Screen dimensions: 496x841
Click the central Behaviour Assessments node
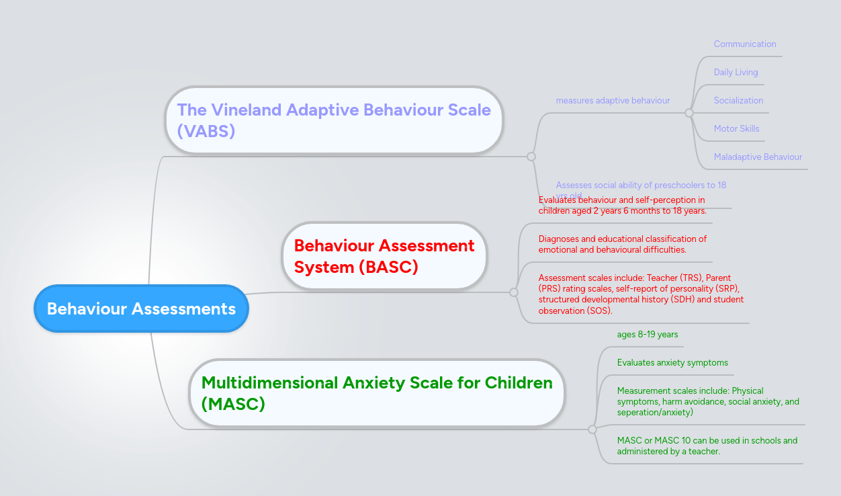141,308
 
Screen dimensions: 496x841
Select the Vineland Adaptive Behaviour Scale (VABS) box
334,120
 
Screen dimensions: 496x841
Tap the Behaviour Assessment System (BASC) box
384,256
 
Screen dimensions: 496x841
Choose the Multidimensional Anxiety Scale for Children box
377,393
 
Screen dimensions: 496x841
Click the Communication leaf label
744,44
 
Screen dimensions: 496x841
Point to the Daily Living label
736,73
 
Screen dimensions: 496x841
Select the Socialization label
738,101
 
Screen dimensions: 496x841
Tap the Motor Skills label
736,129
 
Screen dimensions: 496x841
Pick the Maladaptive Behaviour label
758,157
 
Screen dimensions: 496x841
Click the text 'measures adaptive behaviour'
613,101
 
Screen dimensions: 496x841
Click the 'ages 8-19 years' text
648,335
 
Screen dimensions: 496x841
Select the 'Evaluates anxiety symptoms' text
672,363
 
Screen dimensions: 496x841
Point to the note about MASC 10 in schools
707,446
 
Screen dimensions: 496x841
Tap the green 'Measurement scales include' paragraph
708,401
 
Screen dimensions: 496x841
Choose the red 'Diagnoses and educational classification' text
623,244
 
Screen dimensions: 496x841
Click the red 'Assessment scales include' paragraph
641,294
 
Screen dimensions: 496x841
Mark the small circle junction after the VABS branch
531,157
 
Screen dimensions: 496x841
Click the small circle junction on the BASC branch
514,292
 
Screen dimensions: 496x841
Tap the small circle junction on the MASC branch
592,429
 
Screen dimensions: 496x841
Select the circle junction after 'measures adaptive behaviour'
689,113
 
